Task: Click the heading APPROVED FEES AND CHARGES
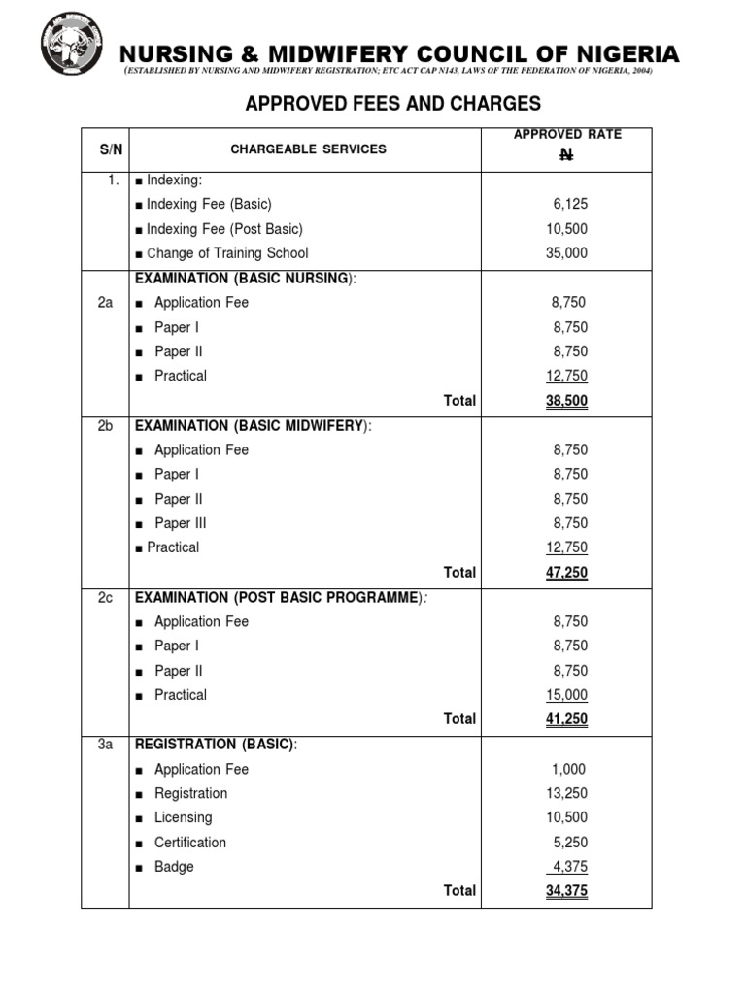[x=392, y=104]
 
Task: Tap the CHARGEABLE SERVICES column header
[x=308, y=149]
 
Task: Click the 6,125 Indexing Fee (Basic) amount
[x=570, y=204]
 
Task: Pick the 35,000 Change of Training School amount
[x=568, y=253]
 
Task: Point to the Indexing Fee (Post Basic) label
[x=224, y=229]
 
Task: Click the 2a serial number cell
[x=105, y=303]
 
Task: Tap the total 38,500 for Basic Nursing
[x=567, y=401]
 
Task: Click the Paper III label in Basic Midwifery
[x=180, y=523]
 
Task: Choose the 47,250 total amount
[x=567, y=573]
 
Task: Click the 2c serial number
[x=105, y=597]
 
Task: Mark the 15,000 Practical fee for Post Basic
[x=567, y=695]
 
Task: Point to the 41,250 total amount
[x=567, y=719]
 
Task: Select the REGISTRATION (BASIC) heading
[x=216, y=745]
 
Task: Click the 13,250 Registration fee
[x=567, y=793]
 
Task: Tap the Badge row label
[x=174, y=867]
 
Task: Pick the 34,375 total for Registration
[x=567, y=891]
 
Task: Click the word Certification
[x=190, y=843]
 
